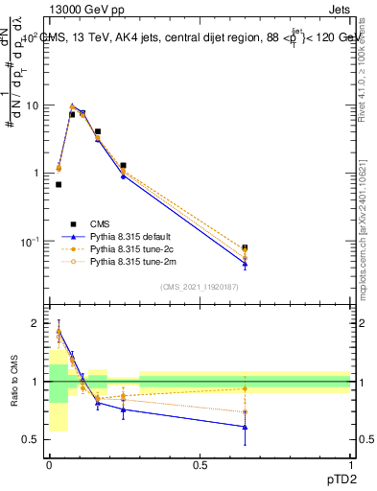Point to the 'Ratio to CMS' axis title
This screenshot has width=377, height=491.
pyautogui.click(x=12, y=382)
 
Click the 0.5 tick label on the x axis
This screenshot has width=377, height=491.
pyautogui.click(x=200, y=464)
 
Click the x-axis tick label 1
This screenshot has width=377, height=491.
pyautogui.click(x=351, y=464)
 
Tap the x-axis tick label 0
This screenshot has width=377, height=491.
pyautogui.click(x=49, y=464)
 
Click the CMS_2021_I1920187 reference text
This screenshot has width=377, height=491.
pyautogui.click(x=200, y=287)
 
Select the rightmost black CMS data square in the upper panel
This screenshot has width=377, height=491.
pyautogui.click(x=245, y=247)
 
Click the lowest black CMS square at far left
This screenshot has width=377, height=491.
pyautogui.click(x=59, y=184)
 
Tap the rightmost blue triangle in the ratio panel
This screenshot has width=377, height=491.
pyautogui.click(x=245, y=427)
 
